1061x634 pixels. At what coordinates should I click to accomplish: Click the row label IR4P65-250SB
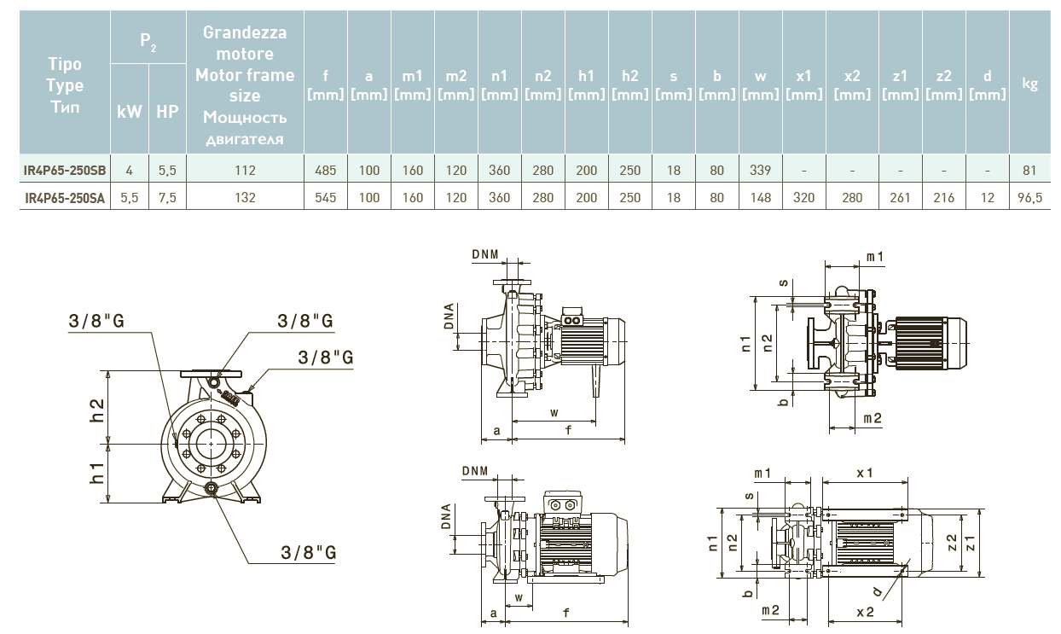pos(65,170)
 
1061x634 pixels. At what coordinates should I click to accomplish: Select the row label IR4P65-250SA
pos(65,197)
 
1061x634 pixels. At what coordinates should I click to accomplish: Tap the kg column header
pos(1030,83)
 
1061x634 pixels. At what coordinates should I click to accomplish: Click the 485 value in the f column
pos(325,170)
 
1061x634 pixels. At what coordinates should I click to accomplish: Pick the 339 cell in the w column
pos(760,170)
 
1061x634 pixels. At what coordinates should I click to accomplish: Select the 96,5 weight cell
pos(1030,197)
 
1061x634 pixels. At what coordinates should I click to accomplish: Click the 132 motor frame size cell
pos(245,197)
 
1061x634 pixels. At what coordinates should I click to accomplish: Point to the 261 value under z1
pos(901,197)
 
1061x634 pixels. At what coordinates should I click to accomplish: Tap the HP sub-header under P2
pos(167,111)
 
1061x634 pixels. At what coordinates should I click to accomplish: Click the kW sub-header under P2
pos(130,111)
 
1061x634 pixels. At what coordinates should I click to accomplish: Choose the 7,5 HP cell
pos(167,197)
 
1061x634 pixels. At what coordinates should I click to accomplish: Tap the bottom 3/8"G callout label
pos(309,552)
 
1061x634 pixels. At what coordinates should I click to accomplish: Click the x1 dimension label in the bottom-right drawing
pos(865,473)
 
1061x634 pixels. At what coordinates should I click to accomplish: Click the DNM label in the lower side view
pos(475,471)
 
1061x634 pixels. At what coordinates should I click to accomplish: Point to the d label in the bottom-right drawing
pos(878,590)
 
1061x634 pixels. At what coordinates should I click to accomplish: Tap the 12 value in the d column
pos(988,197)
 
